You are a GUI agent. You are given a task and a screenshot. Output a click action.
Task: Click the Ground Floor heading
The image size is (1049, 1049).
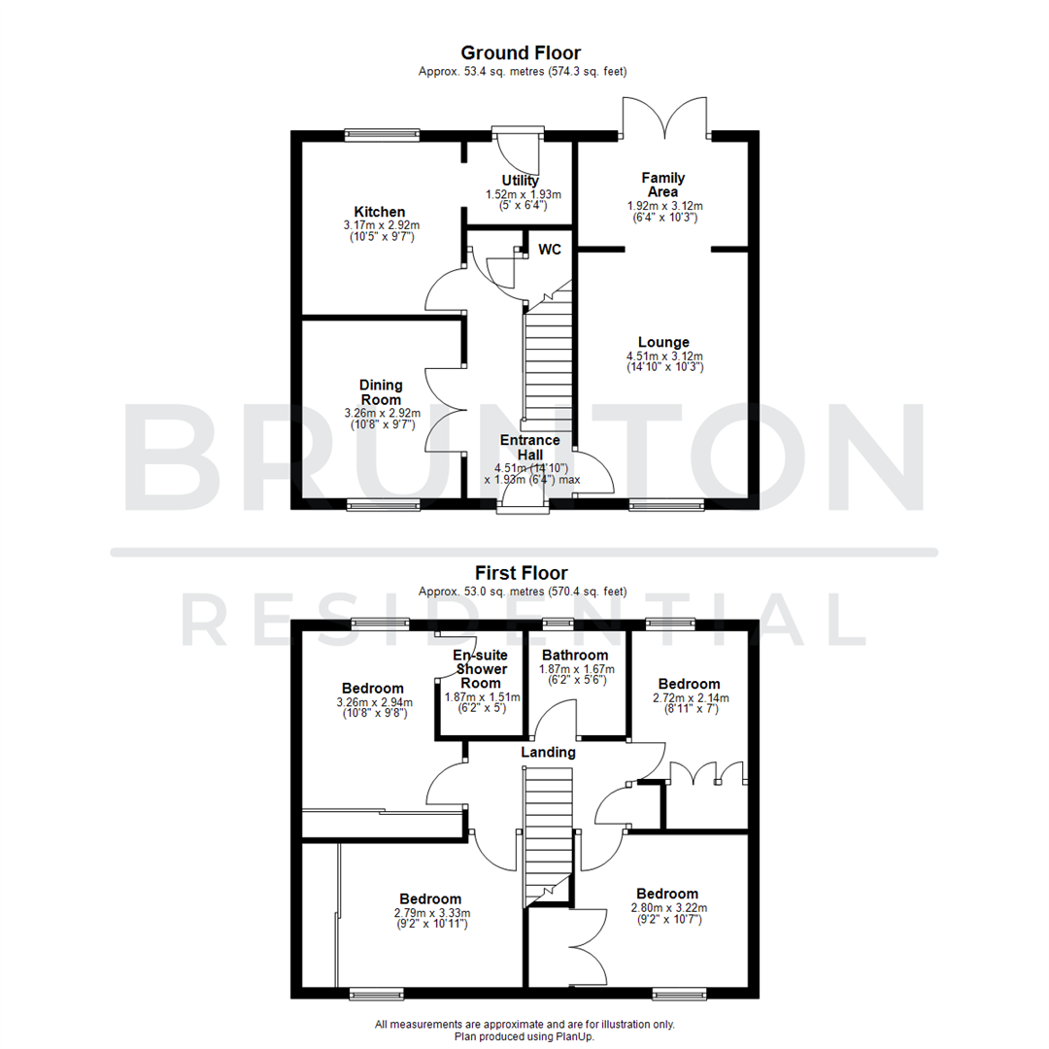[521, 52]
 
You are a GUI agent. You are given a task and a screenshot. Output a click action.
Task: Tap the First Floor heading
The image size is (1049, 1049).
[521, 573]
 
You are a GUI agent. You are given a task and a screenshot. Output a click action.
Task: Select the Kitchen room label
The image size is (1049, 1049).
[380, 212]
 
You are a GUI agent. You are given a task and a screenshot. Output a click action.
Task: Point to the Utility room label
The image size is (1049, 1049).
[520, 181]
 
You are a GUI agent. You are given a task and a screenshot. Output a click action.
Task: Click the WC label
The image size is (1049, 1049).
[550, 250]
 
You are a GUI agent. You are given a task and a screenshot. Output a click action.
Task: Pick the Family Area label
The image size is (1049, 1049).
[663, 185]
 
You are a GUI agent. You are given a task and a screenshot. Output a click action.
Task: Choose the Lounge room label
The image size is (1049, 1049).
[663, 342]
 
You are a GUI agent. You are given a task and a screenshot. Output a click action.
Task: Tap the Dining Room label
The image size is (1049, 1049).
[381, 392]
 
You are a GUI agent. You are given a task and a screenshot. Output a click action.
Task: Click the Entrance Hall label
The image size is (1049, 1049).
[529, 447]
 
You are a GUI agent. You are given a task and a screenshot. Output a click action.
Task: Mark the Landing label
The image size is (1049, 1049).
[548, 752]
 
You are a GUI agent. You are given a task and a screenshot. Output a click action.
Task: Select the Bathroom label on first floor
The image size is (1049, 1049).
[575, 656]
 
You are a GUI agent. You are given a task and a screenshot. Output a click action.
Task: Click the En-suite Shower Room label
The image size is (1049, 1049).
[480, 669]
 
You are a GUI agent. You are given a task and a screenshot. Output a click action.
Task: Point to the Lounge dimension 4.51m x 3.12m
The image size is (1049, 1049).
[663, 356]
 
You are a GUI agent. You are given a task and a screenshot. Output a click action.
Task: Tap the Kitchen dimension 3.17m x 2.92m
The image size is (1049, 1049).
[380, 225]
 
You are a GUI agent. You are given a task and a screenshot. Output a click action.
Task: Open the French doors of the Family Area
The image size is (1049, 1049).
[665, 117]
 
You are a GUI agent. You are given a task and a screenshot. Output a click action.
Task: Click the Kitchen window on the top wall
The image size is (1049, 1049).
[382, 136]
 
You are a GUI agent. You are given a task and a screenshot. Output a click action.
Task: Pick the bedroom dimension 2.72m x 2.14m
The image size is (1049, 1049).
[689, 697]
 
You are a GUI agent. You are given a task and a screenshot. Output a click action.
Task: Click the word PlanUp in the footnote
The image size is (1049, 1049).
[572, 1036]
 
